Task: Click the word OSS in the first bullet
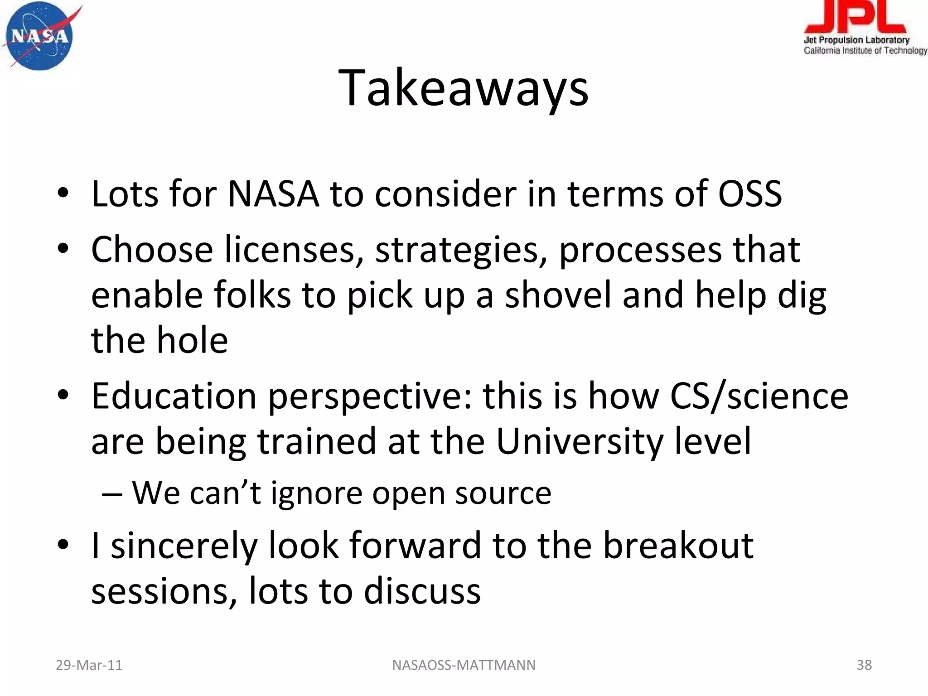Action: pyautogui.click(x=749, y=194)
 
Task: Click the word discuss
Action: pyautogui.click(x=422, y=591)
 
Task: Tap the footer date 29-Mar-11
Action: pyautogui.click(x=89, y=665)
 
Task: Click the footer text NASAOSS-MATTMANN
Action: pyautogui.click(x=464, y=665)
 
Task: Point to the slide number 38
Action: pyautogui.click(x=864, y=665)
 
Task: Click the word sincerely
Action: pyautogui.click(x=184, y=546)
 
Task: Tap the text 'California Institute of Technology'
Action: pyautogui.click(x=865, y=51)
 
